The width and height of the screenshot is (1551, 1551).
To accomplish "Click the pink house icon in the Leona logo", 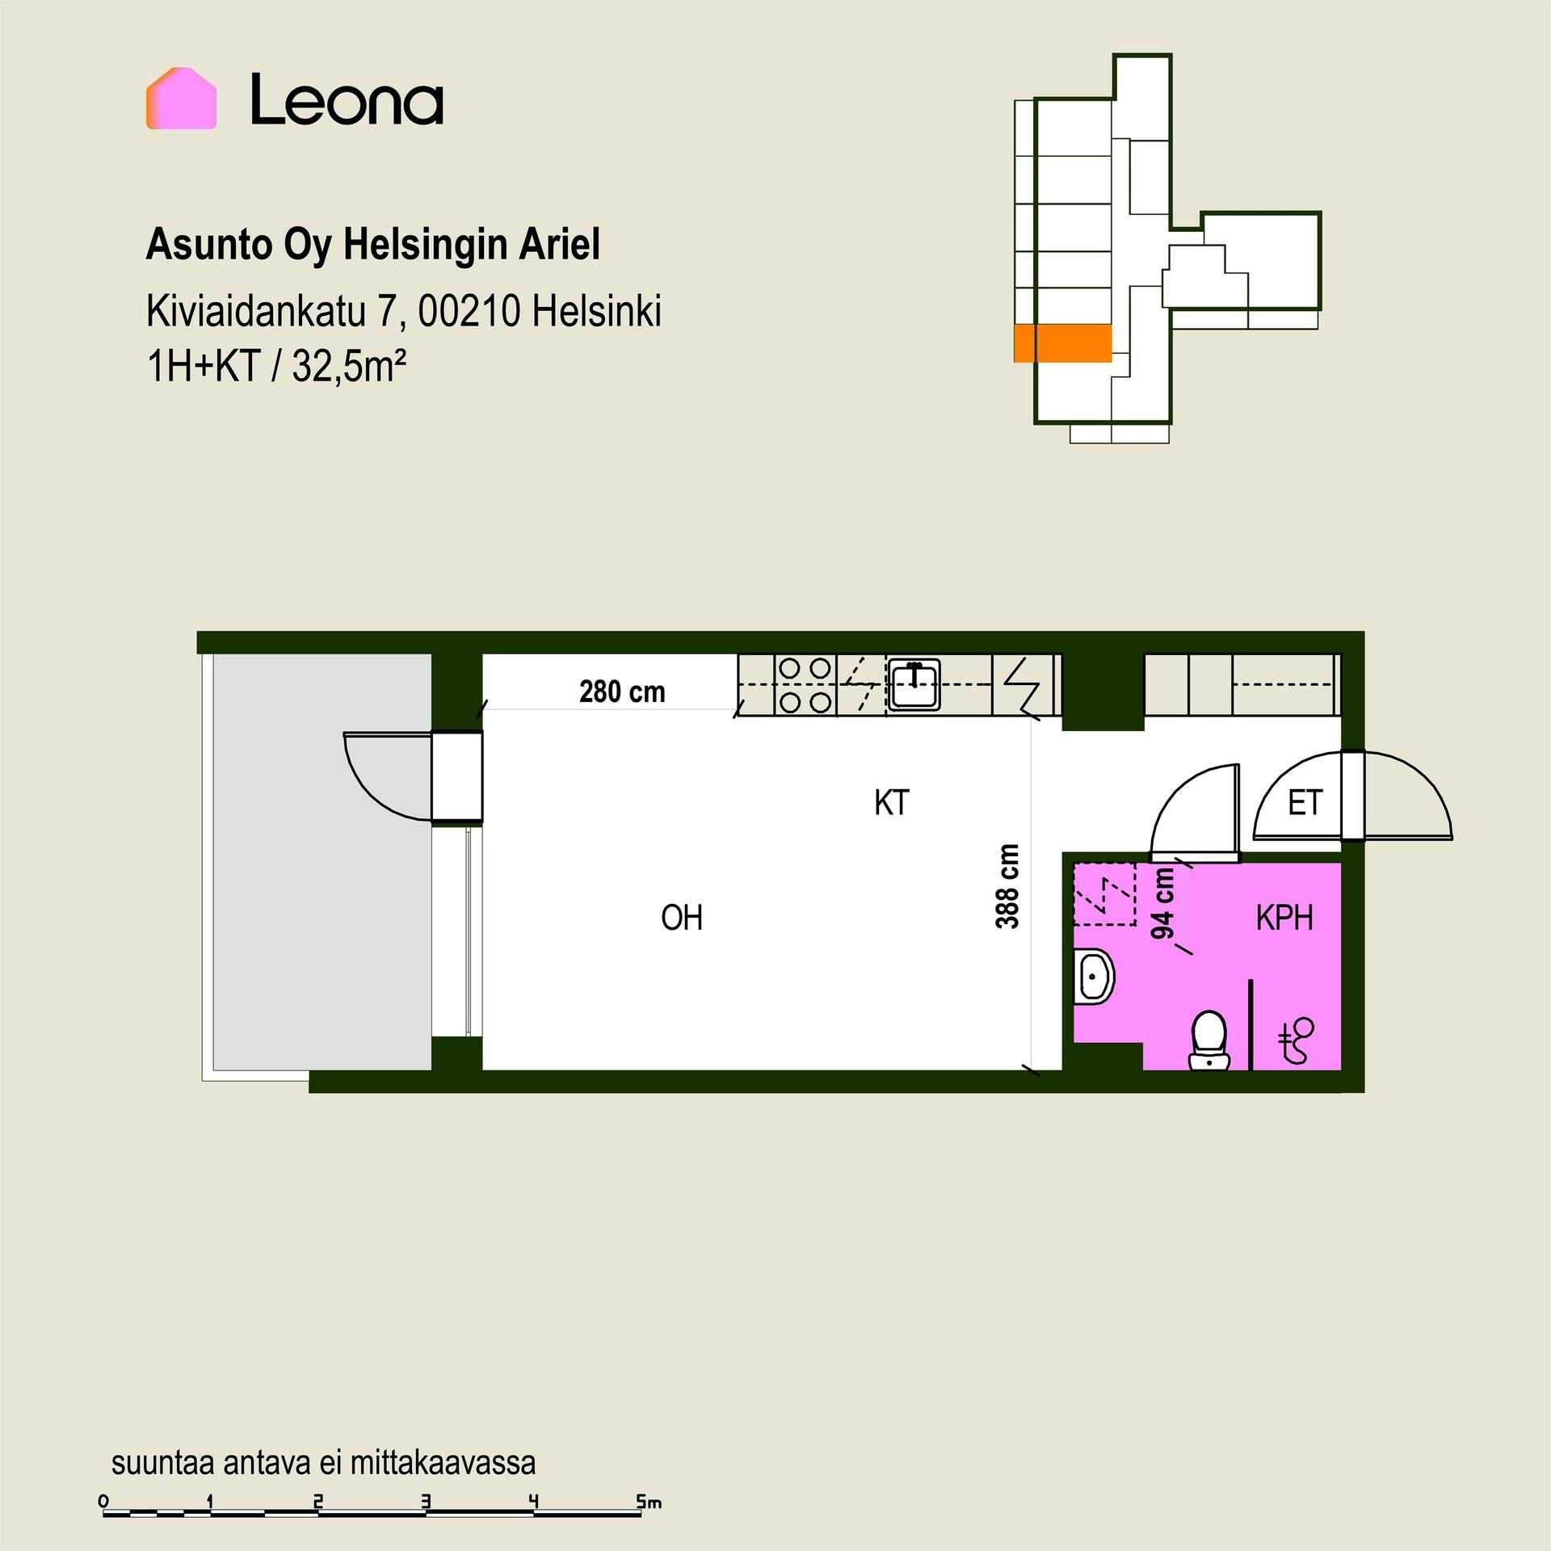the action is (181, 99).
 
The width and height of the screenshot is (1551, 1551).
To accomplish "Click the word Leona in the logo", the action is (347, 99).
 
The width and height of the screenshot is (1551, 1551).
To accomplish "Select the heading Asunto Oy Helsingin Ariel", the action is (373, 245).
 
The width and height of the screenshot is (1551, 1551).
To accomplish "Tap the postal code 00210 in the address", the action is (469, 311).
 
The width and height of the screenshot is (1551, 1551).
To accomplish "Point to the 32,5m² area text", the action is (349, 366).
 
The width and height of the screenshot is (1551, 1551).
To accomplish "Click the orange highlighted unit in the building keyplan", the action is (1063, 343).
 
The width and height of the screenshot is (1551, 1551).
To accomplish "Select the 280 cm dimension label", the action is (622, 692).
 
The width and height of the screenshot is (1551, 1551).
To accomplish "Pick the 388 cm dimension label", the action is (1007, 886).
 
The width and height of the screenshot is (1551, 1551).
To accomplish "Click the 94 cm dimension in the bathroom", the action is (1163, 903).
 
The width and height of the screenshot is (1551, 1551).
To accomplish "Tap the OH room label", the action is (682, 918).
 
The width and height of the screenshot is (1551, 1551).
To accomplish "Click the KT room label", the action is (892, 803).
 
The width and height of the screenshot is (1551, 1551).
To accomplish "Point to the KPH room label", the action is (1284, 918).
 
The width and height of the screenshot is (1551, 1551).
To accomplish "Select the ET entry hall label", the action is (1305, 803).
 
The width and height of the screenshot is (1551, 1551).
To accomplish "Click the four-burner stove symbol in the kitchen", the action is (805, 685).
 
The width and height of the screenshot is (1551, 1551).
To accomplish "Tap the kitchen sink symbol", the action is (914, 685).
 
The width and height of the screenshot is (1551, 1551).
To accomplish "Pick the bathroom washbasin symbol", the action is (1094, 976).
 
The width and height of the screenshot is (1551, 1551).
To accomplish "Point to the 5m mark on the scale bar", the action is (649, 1502).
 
